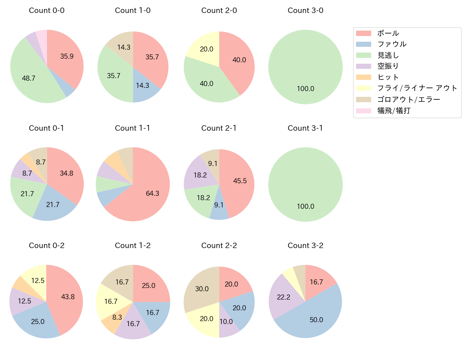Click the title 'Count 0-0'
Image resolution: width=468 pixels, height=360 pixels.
pos(47,10)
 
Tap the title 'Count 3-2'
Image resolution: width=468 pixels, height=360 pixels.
pos(305,246)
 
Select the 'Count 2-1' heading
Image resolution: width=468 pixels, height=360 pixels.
pos(219,128)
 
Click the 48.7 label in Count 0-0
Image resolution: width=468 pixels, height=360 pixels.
pos(28,78)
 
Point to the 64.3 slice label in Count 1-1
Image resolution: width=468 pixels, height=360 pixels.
pos(152,193)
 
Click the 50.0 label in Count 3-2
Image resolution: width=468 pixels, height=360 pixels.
pos(316,320)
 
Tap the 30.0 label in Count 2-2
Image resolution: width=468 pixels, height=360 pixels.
pos(202,289)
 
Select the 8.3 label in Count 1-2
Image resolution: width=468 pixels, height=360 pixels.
pos(117,317)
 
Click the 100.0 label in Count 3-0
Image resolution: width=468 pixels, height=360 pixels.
pos(305,89)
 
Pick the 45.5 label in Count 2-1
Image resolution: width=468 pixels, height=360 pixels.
pos(240,181)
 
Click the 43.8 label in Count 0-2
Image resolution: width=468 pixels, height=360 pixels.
pos(68,297)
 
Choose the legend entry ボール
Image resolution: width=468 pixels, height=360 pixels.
pos(388,33)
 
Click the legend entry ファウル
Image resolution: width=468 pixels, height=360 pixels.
pos(392,44)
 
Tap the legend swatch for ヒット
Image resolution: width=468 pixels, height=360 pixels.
pos(364,77)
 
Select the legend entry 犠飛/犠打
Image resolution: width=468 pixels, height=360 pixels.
pos(393,111)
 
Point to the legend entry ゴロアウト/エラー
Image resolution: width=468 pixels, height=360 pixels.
pos(409,99)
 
